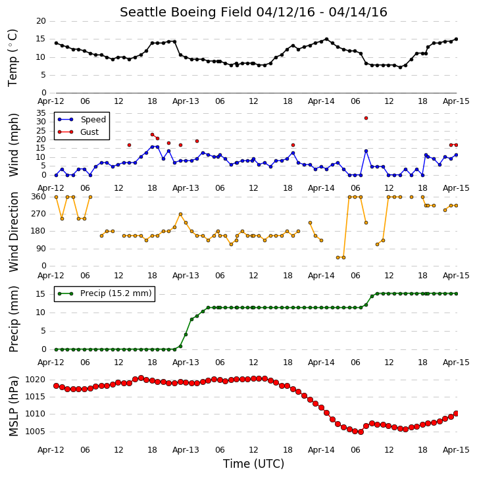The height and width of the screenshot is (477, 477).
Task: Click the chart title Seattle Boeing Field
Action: (x=186, y=12)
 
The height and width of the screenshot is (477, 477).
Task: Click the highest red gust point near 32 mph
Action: (x=366, y=118)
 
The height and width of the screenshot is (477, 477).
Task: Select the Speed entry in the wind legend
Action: (x=82, y=120)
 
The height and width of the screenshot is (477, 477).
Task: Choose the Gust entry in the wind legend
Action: (x=78, y=132)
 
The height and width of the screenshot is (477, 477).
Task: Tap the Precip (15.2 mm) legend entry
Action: (x=105, y=293)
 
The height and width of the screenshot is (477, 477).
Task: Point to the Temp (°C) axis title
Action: (x=13, y=57)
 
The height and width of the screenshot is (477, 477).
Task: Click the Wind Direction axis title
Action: (x=14, y=232)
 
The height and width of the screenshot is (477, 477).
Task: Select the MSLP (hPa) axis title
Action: (x=14, y=406)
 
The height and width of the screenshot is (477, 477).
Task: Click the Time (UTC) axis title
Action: (x=253, y=464)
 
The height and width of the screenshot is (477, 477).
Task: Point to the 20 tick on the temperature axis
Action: (x=41, y=21)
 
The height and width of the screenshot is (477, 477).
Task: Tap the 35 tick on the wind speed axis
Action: (x=41, y=113)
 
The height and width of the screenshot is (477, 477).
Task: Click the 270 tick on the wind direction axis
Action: (x=38, y=214)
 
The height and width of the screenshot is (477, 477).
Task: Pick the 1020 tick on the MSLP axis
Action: (x=35, y=380)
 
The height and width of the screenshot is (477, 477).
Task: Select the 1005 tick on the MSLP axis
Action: (x=35, y=432)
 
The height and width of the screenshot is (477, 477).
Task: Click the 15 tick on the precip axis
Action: (x=41, y=294)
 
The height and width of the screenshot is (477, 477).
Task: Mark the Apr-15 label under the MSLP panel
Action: (x=456, y=449)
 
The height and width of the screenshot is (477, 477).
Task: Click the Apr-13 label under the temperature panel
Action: (x=186, y=101)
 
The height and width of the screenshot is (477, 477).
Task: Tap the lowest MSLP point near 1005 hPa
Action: (x=361, y=432)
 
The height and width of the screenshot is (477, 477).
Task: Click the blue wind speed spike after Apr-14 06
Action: (x=366, y=151)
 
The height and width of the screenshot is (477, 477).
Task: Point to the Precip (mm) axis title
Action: (x=14, y=319)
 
